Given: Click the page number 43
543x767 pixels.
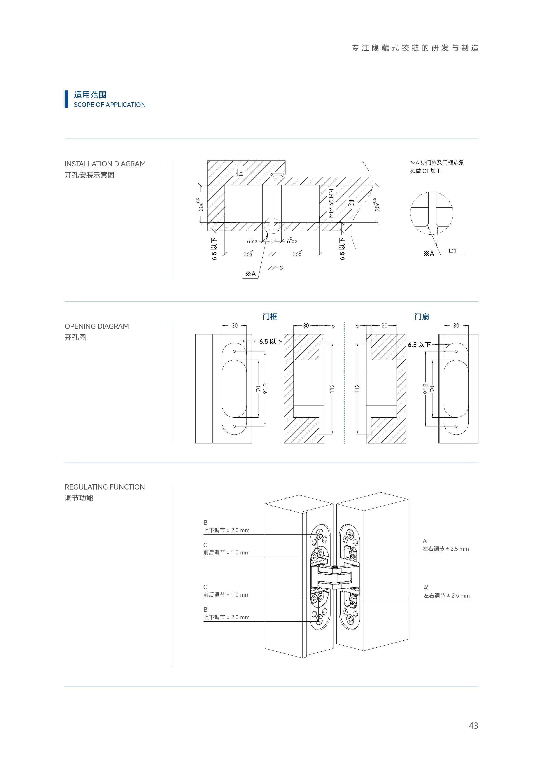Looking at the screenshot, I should click(473, 726).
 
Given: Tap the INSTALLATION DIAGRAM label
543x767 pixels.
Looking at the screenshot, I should click(105, 164).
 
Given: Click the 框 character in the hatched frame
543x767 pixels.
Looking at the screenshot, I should click(239, 172).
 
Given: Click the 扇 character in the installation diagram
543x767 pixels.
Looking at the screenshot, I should click(351, 203).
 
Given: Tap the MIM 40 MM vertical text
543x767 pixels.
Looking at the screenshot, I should click(331, 203).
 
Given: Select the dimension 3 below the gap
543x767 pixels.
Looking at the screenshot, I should click(281, 268).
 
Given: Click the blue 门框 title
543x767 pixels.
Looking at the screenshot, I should click(270, 316).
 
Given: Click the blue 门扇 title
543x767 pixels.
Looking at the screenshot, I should click(422, 316).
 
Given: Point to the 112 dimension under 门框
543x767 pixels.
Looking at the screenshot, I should click(332, 389).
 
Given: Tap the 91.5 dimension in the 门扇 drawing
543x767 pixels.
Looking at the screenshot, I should click(425, 389).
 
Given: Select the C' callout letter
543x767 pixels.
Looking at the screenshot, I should click(206, 587).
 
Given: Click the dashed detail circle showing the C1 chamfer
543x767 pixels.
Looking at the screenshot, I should click(432, 213).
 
